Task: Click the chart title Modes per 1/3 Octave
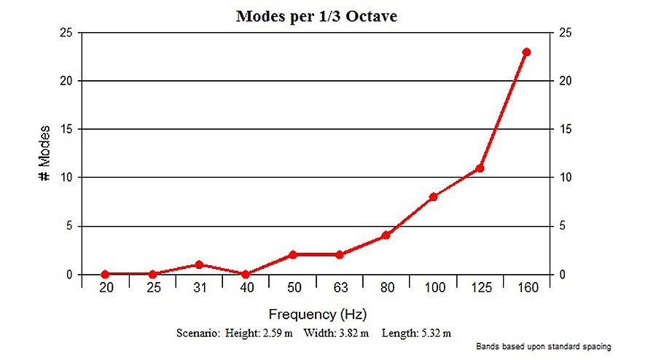[x=316, y=16]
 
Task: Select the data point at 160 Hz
[x=526, y=52]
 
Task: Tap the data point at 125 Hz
[x=480, y=168]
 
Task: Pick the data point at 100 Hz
[x=433, y=197]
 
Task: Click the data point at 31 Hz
[x=199, y=265]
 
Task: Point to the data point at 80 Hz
[x=386, y=235]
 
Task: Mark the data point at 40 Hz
[x=246, y=274]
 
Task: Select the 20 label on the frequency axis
[x=106, y=289]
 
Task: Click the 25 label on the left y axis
[x=66, y=33]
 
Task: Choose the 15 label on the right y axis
[x=563, y=130]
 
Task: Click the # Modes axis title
[x=44, y=154]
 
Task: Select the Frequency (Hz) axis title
[x=316, y=315]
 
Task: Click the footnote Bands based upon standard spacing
[x=543, y=347]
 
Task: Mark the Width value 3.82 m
[x=353, y=333]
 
